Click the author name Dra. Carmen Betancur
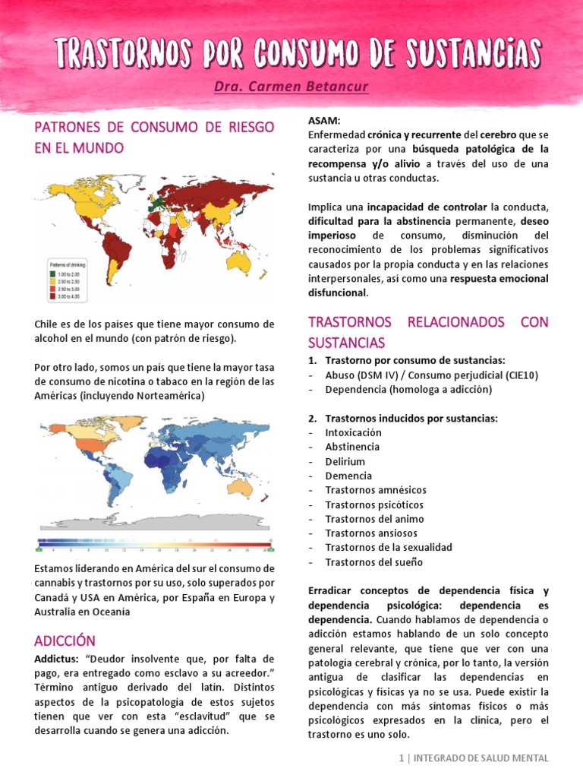[291, 87]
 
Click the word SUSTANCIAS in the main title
[464, 53]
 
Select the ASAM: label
[324, 121]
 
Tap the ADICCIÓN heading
[65, 640]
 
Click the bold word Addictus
[58, 659]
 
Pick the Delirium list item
[345, 461]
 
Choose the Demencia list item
[348, 476]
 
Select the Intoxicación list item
[353, 432]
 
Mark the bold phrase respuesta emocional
[499, 278]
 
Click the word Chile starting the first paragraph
[46, 324]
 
